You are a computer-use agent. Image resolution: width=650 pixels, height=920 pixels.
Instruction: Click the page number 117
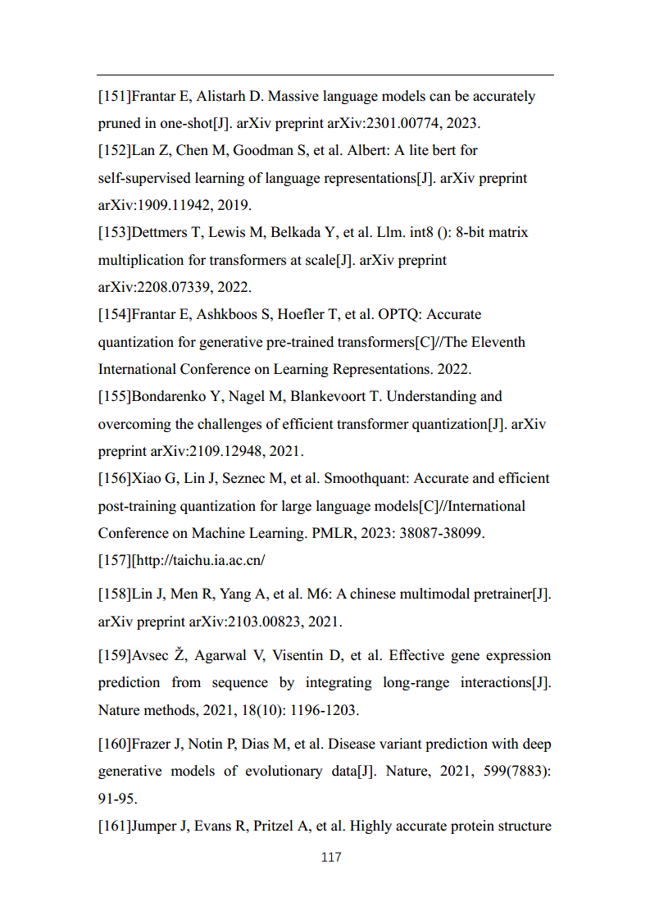(331, 858)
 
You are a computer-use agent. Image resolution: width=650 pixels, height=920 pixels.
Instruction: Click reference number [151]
(114, 97)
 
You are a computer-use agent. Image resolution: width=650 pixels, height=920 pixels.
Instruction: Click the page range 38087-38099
(446, 533)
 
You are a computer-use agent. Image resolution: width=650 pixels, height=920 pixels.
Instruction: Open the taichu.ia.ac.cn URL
(200, 561)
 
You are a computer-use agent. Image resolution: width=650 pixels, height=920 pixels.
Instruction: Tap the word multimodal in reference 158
(434, 594)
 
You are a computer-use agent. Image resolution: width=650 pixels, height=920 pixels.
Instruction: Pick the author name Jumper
(154, 827)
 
